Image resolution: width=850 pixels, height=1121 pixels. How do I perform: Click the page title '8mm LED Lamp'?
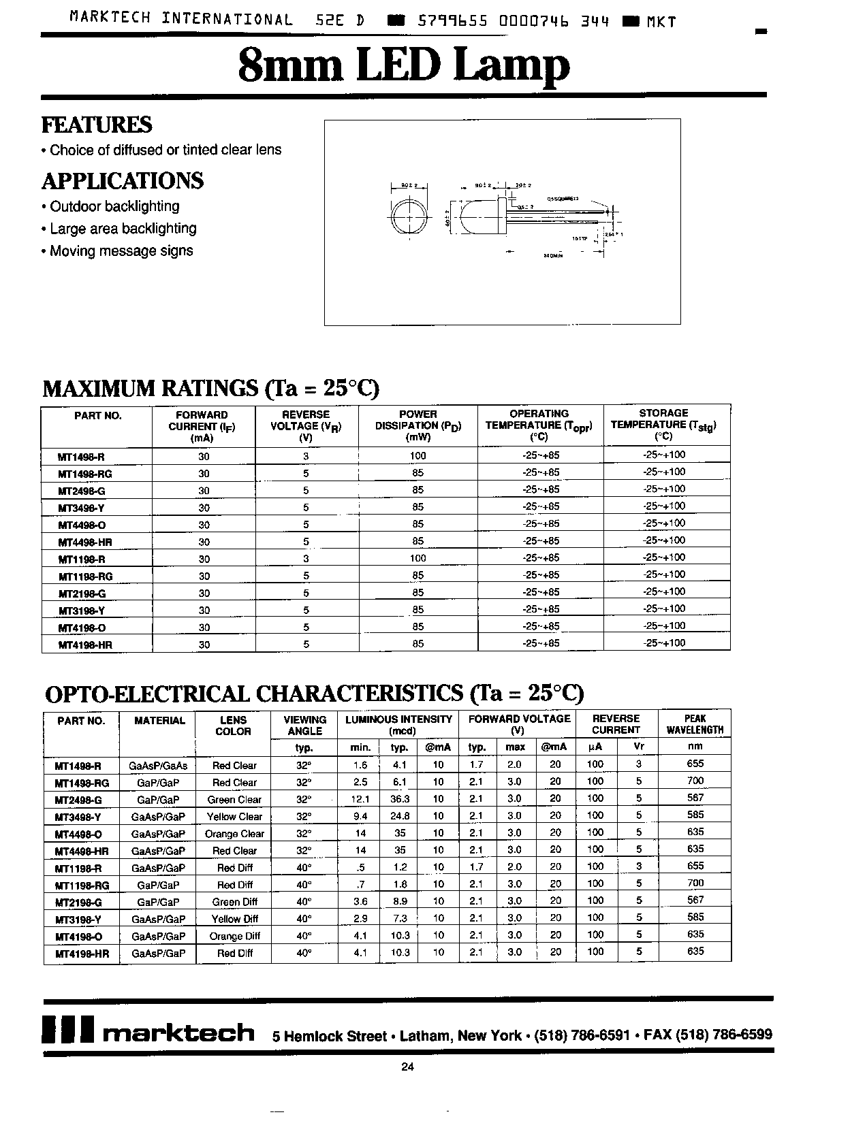(x=404, y=67)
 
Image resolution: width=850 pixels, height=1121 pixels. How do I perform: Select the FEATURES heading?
(x=97, y=125)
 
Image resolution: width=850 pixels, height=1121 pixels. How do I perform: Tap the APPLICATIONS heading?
(x=123, y=181)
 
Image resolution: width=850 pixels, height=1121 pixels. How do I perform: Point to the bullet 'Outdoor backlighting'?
(x=114, y=206)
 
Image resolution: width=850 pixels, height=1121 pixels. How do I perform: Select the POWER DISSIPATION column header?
(x=418, y=425)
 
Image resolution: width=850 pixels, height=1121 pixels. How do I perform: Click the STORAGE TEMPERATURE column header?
(x=663, y=425)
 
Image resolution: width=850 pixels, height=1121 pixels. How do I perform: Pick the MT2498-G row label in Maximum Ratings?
(x=82, y=491)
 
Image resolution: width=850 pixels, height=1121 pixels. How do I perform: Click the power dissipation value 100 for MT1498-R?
(x=418, y=455)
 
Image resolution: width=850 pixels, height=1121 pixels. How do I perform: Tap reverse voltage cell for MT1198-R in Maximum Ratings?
(x=306, y=558)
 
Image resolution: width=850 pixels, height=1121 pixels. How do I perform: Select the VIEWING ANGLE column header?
(x=304, y=726)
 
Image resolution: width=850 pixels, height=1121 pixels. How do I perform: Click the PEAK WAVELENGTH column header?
(x=695, y=724)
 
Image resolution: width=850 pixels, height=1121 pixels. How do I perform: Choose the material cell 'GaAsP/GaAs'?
(x=157, y=765)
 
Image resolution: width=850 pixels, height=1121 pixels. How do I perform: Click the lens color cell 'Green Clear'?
(x=234, y=800)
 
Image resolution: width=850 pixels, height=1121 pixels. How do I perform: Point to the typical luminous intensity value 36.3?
(x=400, y=799)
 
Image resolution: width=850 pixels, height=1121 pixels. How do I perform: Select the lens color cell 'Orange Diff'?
(x=234, y=936)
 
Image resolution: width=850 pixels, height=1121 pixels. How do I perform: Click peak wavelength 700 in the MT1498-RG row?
(x=695, y=781)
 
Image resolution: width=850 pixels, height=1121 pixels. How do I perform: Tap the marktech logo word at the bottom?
(x=178, y=1033)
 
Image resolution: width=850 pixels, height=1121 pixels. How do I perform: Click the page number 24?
(x=407, y=1067)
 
